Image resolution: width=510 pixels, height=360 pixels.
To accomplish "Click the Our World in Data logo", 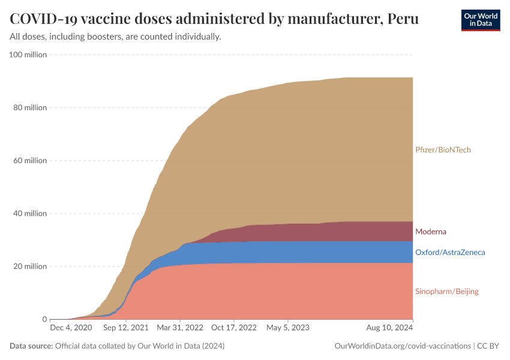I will pyautogui.click(x=480, y=20).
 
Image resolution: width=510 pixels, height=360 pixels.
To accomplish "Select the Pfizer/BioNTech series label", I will pyautogui.click(x=443, y=149).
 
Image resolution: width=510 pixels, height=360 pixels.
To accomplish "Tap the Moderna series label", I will pyautogui.click(x=431, y=232).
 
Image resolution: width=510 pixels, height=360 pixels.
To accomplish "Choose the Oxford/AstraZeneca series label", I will pyautogui.click(x=450, y=253).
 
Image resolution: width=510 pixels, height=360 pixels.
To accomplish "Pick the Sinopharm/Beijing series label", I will pyautogui.click(x=447, y=292).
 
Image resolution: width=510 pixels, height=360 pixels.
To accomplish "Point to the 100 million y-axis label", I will pyautogui.click(x=28, y=55).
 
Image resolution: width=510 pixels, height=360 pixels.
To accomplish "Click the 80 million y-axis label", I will pyautogui.click(x=29, y=108).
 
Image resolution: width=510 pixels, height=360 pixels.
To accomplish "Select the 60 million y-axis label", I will pyautogui.click(x=29, y=161).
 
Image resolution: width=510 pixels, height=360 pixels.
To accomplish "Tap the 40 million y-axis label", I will pyautogui.click(x=29, y=214).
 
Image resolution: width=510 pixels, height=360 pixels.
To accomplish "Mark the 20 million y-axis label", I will pyautogui.click(x=29, y=266).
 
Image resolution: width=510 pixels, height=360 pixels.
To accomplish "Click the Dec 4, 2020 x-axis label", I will pyautogui.click(x=71, y=328).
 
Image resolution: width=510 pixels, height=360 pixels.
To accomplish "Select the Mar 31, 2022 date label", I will pyautogui.click(x=179, y=328).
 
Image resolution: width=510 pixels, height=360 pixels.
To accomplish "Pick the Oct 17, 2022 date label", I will pyautogui.click(x=235, y=328).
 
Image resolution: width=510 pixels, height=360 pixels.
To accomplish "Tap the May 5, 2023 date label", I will pyautogui.click(x=288, y=328).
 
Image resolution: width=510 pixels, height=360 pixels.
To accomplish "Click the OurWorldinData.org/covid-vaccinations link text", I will pyautogui.click(x=402, y=346).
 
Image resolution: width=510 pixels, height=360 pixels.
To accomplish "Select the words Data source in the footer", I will pyautogui.click(x=31, y=346).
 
